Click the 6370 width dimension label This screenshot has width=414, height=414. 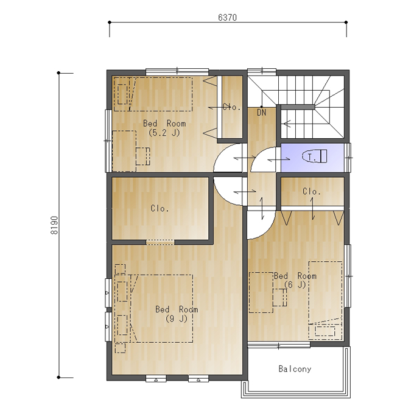[x=227, y=18]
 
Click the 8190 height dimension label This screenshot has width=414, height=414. [x=54, y=225]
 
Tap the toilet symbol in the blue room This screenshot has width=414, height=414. [x=315, y=156]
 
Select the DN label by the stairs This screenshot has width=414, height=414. [x=261, y=113]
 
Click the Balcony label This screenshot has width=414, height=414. [x=295, y=369]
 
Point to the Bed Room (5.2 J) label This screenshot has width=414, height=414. [x=164, y=128]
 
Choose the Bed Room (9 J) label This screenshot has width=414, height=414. [x=177, y=314]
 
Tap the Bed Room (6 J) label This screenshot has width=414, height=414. [x=295, y=280]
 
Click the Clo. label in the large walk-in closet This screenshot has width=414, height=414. [x=160, y=208]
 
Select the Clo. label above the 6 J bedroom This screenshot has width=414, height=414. [x=312, y=191]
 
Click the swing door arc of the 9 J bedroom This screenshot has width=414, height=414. [x=221, y=197]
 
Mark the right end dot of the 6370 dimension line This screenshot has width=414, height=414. [x=346, y=23]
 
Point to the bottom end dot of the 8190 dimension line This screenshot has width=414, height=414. [x=58, y=377]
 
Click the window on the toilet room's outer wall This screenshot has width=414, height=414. [x=349, y=158]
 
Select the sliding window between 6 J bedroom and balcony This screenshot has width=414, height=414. [x=279, y=345]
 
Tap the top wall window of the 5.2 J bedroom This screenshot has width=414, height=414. [x=177, y=71]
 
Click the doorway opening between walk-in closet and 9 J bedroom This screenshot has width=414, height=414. [x=160, y=242]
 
